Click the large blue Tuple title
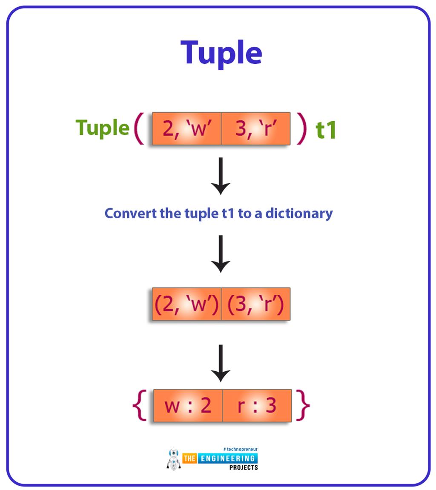[x=221, y=53]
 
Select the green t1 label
[x=326, y=130]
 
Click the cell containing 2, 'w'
[x=186, y=128]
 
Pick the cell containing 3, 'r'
[x=256, y=128]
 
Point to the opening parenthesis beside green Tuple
[x=139, y=128]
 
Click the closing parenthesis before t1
[x=301, y=128]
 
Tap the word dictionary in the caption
[x=299, y=213]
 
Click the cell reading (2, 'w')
[x=186, y=304]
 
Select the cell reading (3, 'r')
[x=256, y=304]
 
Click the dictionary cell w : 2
[x=188, y=405]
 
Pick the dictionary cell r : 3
[x=257, y=405]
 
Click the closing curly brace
[x=303, y=405]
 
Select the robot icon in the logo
[x=174, y=459]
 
